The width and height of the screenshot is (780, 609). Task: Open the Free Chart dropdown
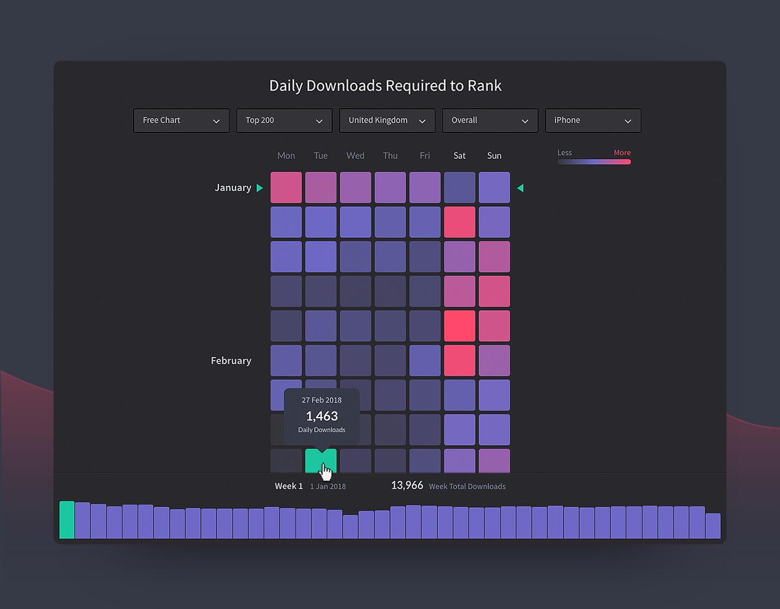(x=181, y=121)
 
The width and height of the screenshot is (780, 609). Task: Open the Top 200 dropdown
(x=284, y=121)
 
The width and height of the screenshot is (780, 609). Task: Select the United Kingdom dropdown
(x=387, y=121)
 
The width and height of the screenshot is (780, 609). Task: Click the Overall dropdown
(x=490, y=121)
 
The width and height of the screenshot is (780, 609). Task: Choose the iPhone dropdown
(x=593, y=121)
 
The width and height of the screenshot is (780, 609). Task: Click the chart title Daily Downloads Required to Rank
(x=385, y=86)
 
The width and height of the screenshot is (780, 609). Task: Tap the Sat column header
(x=460, y=155)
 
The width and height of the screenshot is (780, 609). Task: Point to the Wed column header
(x=355, y=155)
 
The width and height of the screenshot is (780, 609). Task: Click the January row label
(x=233, y=188)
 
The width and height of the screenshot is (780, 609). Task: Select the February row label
(x=231, y=360)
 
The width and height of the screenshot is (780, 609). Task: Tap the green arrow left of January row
(x=260, y=188)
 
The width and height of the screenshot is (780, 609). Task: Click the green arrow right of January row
(x=520, y=188)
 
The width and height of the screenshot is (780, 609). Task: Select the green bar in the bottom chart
(x=67, y=520)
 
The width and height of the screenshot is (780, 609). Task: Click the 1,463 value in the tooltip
(x=322, y=416)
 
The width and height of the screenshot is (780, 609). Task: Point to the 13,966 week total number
(x=407, y=485)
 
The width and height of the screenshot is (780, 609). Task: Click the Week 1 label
(x=289, y=486)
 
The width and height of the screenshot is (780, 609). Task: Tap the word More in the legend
(x=622, y=153)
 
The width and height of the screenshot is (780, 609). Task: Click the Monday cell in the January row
(x=286, y=188)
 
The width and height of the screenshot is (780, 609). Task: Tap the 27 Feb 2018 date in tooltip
(x=322, y=400)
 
